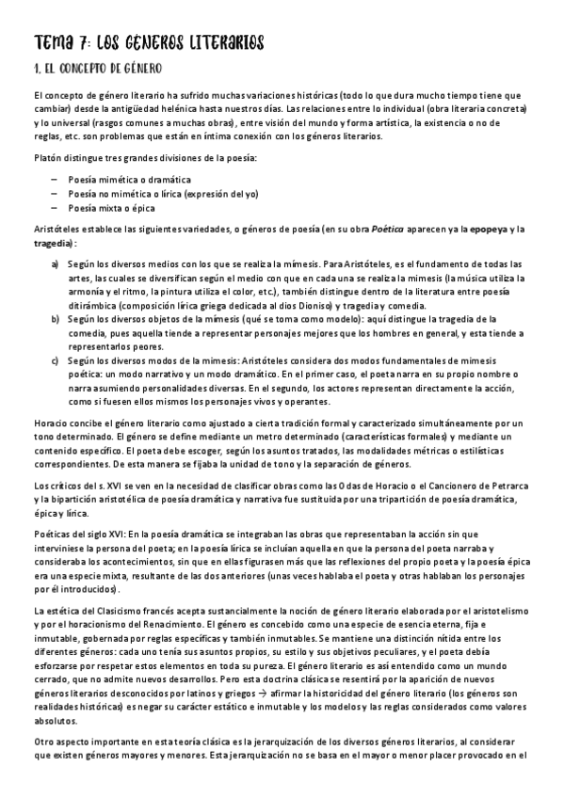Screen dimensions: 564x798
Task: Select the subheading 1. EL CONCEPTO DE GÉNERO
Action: coord(98,69)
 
